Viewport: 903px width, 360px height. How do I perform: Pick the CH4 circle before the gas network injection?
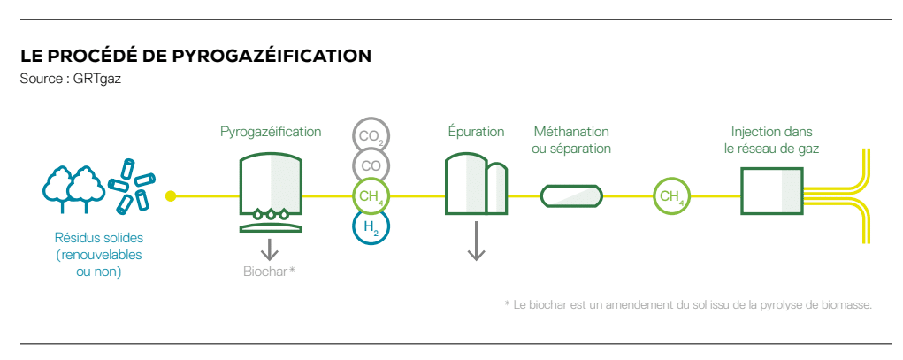coord(670,196)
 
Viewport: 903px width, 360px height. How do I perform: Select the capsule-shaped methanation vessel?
coord(571,195)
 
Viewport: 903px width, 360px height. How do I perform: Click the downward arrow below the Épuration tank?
coord(476,241)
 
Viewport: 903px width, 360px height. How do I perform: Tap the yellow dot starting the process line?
coord(171,195)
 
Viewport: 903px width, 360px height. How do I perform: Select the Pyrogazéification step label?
coord(271,132)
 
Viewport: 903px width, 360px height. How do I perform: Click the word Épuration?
coord(476,132)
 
